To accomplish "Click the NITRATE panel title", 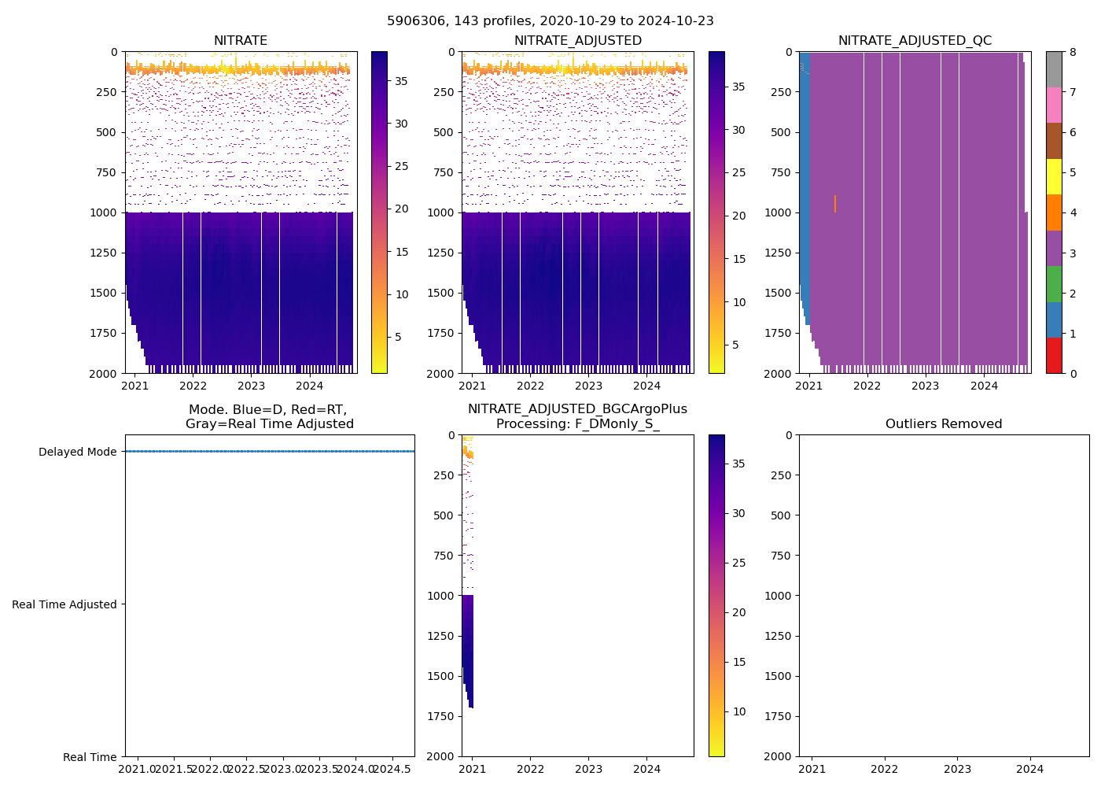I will coord(241,41).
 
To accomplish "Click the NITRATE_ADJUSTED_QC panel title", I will coord(915,41).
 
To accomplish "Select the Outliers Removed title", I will coord(944,424).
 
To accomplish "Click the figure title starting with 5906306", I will coord(550,21).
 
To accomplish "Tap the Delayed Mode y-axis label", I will coord(77,452).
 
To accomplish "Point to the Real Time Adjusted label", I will coord(64,604).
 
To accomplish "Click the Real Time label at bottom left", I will coord(90,757).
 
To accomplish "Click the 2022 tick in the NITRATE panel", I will coord(193,386).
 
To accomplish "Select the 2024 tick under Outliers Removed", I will coord(1030,769).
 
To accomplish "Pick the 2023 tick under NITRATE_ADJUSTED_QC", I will coord(926,386).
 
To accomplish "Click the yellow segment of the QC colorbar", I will coord(1054,177).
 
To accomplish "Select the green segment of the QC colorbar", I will coord(1054,284).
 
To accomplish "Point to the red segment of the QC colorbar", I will coord(1054,356).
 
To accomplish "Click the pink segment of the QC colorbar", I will coord(1054,105).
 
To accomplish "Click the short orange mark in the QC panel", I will coord(835,204).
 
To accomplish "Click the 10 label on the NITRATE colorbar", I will coord(402,294).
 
